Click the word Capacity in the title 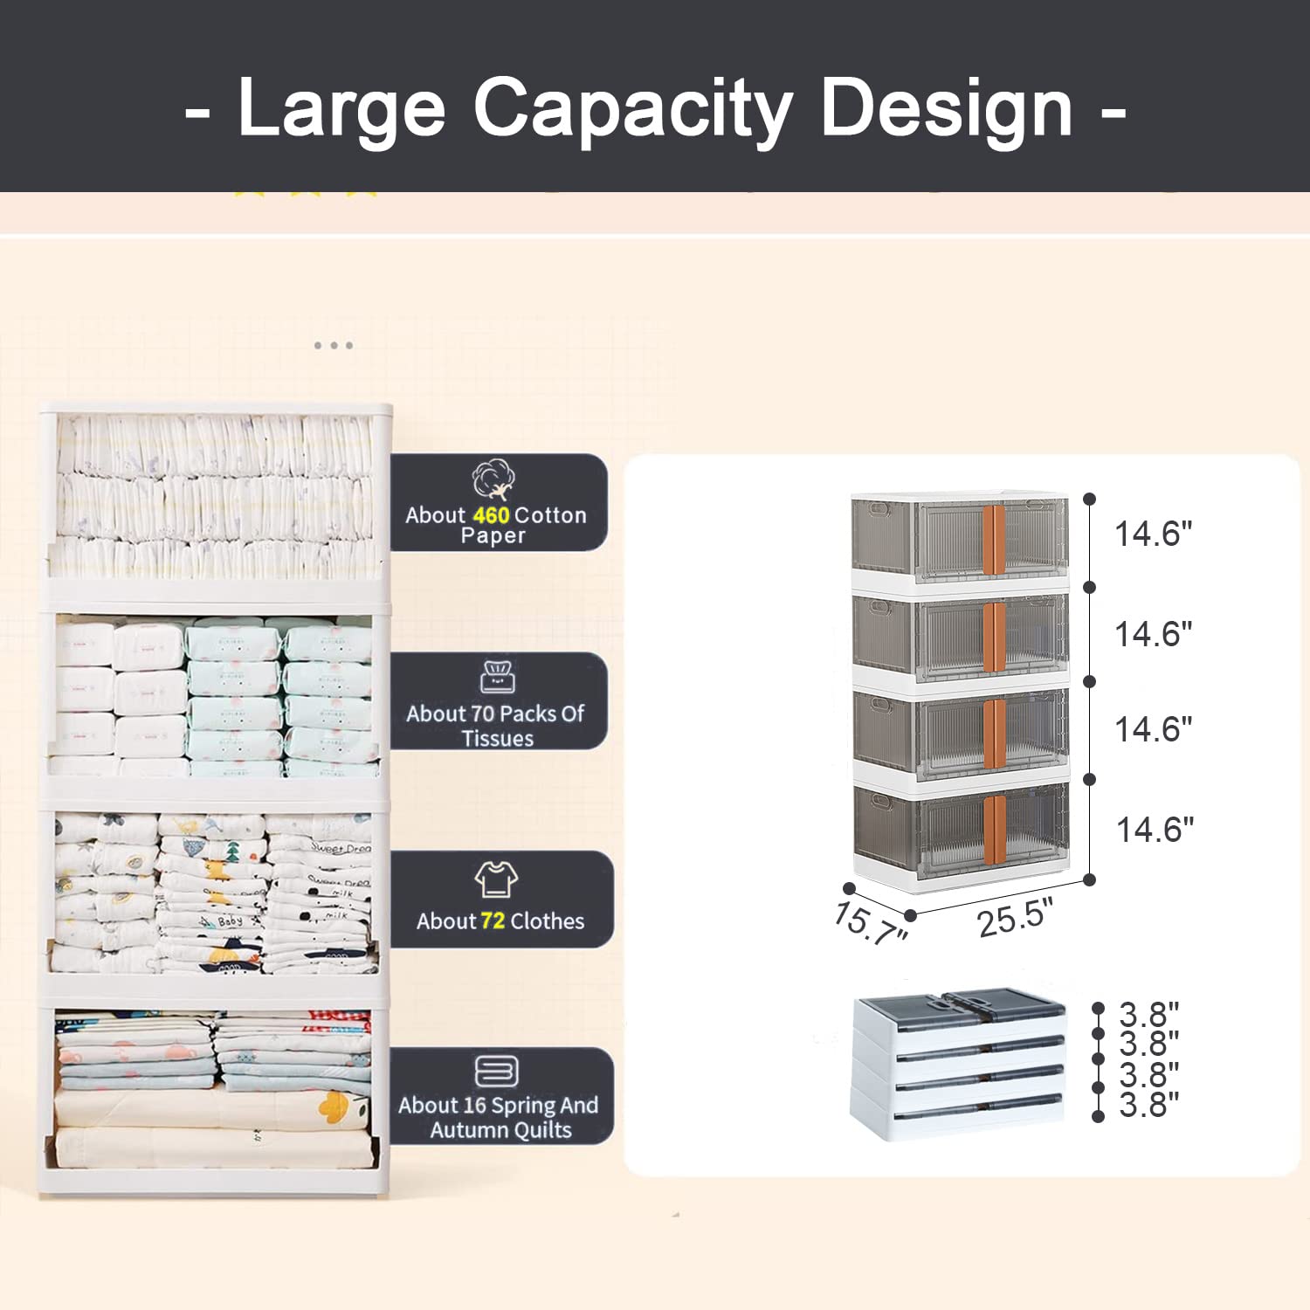[x=632, y=109]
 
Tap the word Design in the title [x=947, y=109]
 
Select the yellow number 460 [x=492, y=515]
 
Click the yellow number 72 [x=493, y=921]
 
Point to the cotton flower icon [x=493, y=479]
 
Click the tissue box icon [x=498, y=677]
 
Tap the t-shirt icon [x=496, y=879]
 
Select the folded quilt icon [x=496, y=1071]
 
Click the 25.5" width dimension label [x=1015, y=918]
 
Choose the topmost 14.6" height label [x=1153, y=534]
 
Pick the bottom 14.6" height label [x=1155, y=830]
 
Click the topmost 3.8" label [x=1148, y=1015]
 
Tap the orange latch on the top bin [x=994, y=540]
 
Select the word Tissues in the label [x=498, y=739]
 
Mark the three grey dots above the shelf [x=334, y=346]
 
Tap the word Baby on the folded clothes [x=230, y=921]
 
